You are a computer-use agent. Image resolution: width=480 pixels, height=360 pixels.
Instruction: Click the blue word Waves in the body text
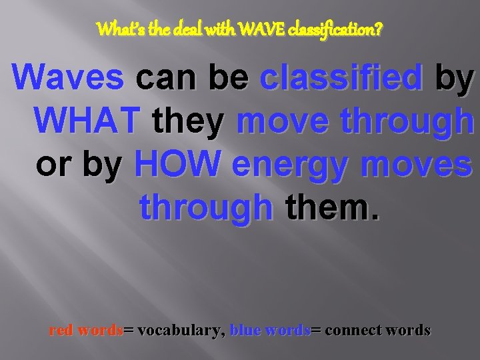(x=69, y=77)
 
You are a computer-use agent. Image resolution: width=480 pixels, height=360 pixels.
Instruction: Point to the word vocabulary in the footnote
(x=179, y=331)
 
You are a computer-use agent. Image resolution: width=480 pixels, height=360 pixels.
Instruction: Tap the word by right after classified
(x=454, y=79)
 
